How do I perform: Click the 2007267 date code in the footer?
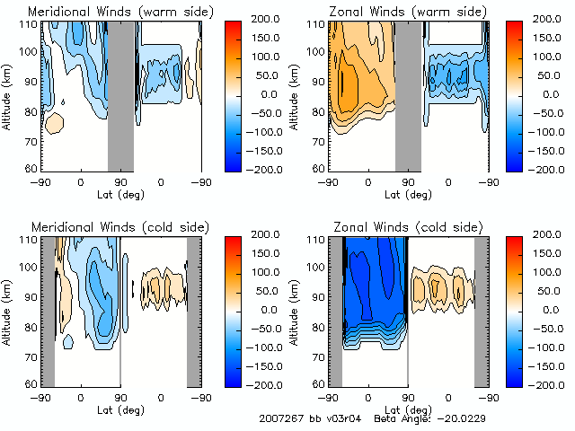(x=280, y=419)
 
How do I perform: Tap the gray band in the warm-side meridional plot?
(x=120, y=94)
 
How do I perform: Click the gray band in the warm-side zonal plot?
(x=408, y=94)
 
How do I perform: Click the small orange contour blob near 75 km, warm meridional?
(x=54, y=124)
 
